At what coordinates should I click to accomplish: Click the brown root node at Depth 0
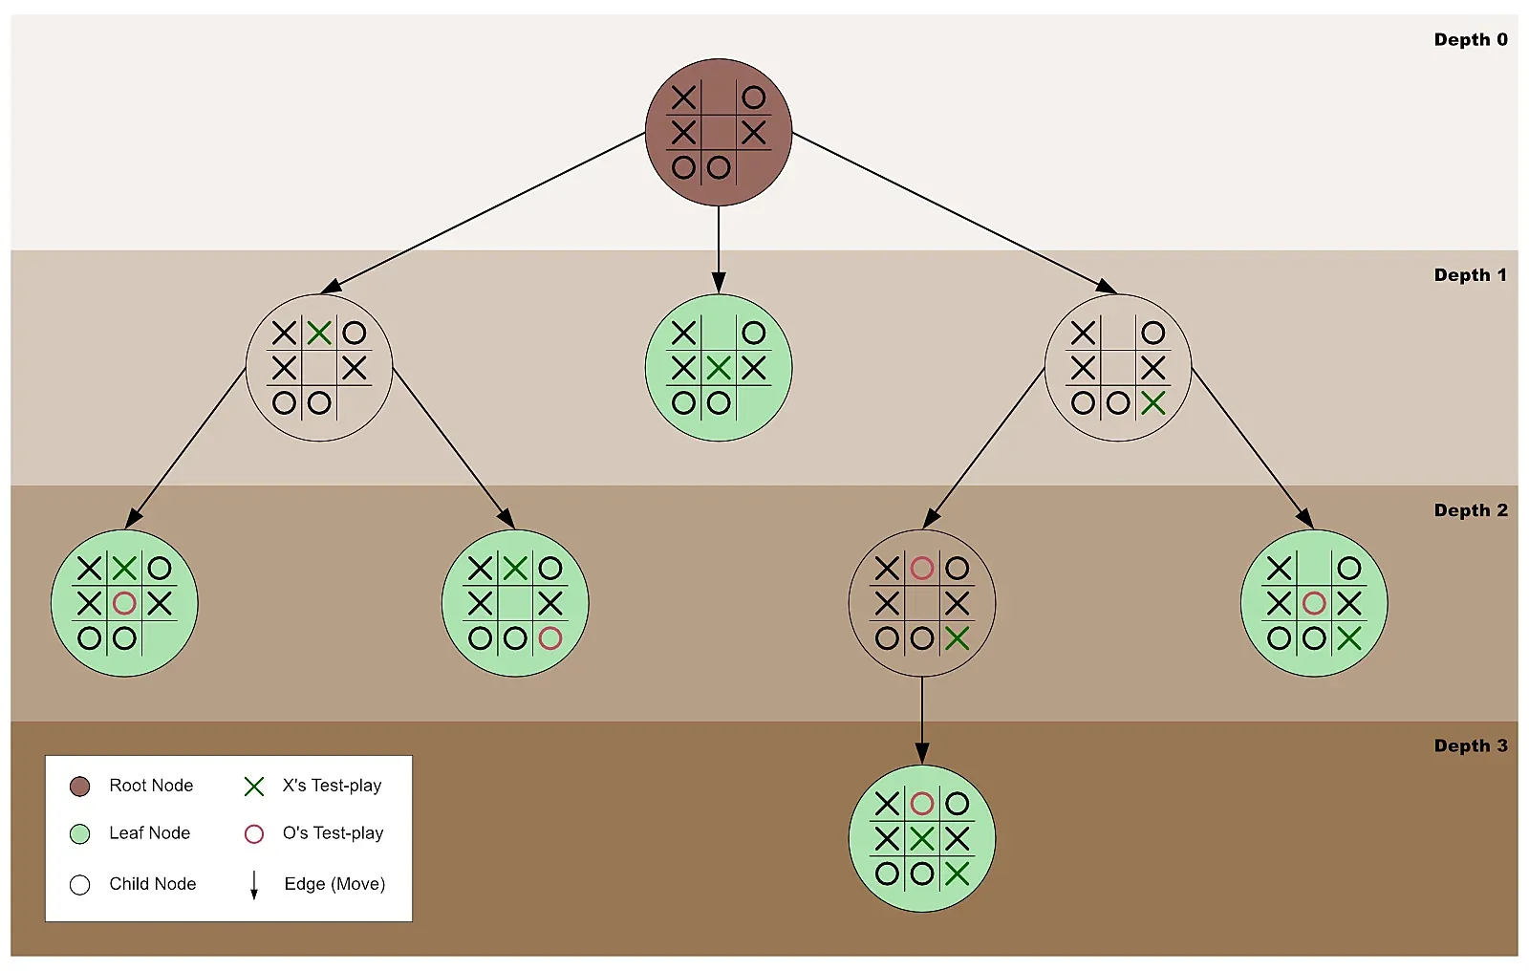tap(719, 132)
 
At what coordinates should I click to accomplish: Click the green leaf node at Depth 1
tap(719, 368)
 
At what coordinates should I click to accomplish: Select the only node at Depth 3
tap(921, 838)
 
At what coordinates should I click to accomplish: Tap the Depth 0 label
tap(1470, 40)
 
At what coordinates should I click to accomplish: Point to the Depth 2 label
tap(1470, 510)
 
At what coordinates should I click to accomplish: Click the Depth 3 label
tap(1470, 746)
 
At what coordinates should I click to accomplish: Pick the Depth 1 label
tap(1470, 275)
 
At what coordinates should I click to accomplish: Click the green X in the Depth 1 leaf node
tap(719, 368)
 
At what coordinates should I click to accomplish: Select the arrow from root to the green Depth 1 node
tap(719, 248)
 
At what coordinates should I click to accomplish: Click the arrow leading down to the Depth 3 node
tap(921, 722)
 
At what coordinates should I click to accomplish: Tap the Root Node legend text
tap(151, 786)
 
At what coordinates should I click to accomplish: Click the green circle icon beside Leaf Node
tap(80, 834)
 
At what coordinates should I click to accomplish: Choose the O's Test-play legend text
tap(333, 833)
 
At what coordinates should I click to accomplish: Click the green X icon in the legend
tap(254, 787)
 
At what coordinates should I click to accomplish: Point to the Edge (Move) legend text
tap(334, 884)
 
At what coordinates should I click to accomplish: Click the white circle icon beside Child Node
tap(80, 885)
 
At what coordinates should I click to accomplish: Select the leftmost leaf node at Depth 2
tap(124, 603)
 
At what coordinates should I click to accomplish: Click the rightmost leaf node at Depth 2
tap(1313, 603)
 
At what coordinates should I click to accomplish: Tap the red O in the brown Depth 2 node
tap(921, 569)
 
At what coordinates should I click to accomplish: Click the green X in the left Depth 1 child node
tap(319, 333)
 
